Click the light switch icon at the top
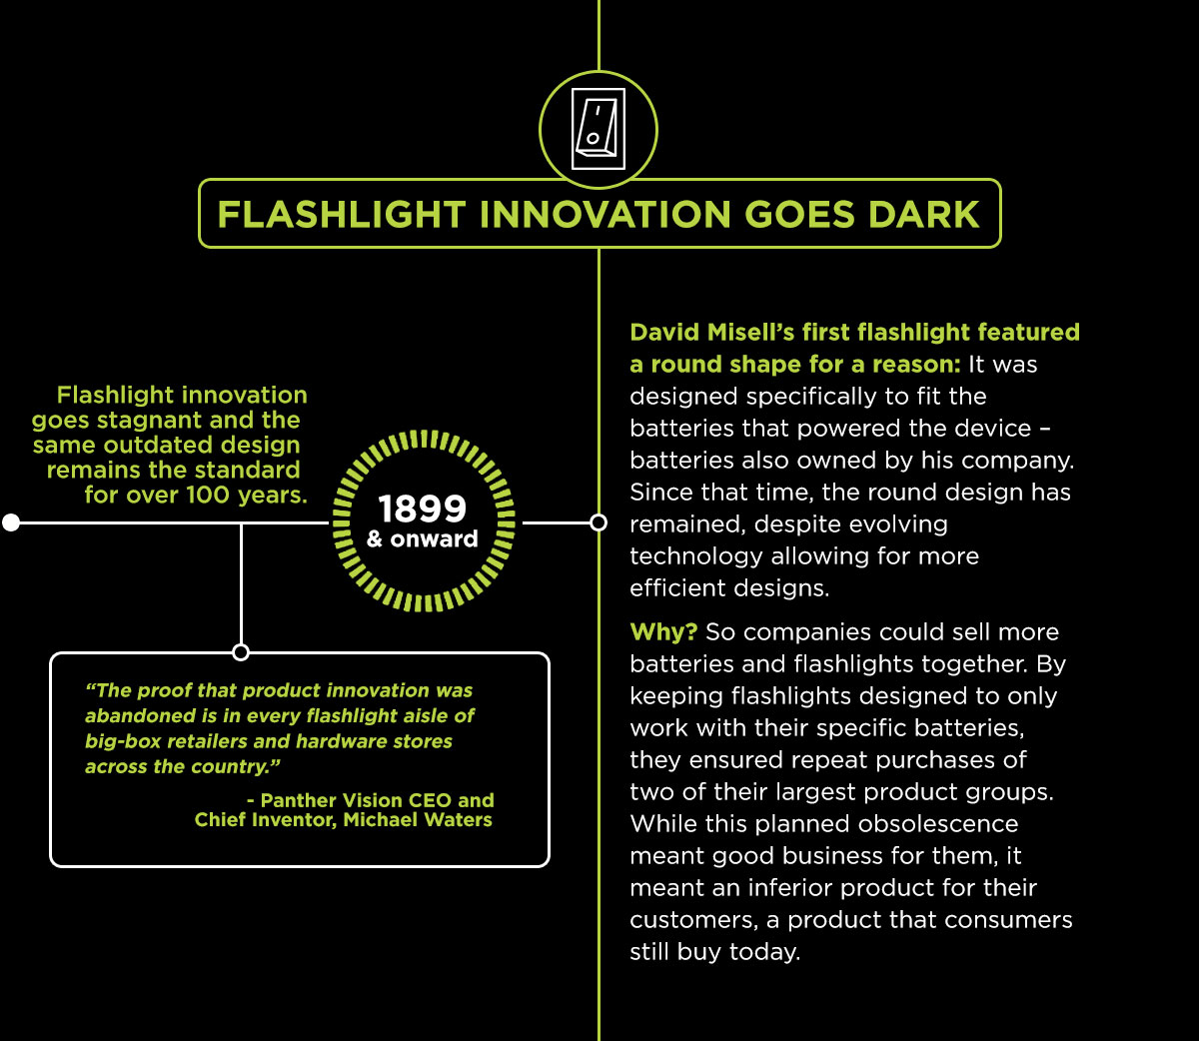(599, 129)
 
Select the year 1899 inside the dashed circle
(423, 509)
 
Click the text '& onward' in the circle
(422, 539)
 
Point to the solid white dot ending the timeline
(11, 522)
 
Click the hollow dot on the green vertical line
(599, 522)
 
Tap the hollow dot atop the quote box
(241, 652)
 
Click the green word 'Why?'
(663, 632)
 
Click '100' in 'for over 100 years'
(208, 495)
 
